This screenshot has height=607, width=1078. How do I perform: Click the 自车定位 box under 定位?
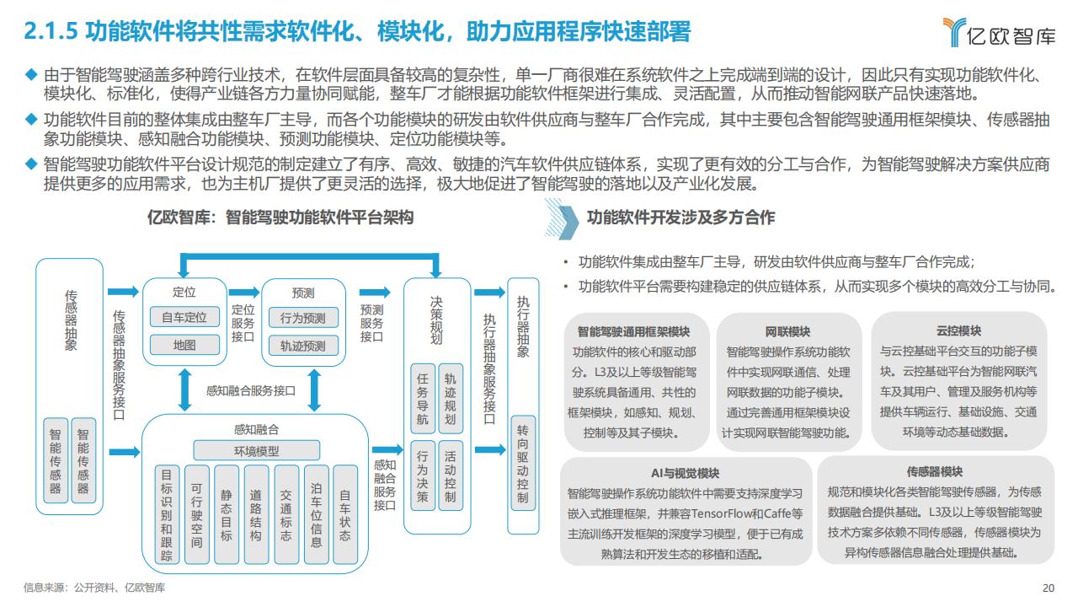pos(184,317)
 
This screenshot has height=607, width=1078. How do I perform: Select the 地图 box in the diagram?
pos(184,345)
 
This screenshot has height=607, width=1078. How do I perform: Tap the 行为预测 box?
pos(303,318)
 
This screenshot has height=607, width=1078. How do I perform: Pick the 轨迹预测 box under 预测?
pos(303,346)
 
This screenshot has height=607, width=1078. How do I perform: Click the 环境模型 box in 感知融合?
pos(257,451)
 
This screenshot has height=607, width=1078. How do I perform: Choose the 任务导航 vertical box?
pos(423,399)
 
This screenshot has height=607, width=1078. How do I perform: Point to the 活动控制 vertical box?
pos(451,476)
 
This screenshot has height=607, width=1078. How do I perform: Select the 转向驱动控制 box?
pos(523,464)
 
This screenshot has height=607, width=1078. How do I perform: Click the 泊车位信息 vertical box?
pos(316,514)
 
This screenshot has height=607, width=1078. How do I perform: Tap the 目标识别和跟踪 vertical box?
pos(167,514)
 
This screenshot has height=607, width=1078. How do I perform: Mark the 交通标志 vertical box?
pos(286,514)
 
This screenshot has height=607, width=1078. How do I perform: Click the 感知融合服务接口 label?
pos(251,390)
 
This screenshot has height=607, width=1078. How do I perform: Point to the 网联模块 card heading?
pos(787,332)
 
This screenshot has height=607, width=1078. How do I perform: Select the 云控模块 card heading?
pos(958,331)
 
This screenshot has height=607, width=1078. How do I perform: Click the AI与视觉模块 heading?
pos(686,473)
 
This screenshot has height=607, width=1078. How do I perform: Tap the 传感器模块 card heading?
pos(935,471)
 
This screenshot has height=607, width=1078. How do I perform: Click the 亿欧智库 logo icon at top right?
pos(954,32)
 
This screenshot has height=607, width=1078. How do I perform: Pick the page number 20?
pos(1049,588)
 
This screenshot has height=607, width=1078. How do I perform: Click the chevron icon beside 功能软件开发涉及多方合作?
pos(562,220)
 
